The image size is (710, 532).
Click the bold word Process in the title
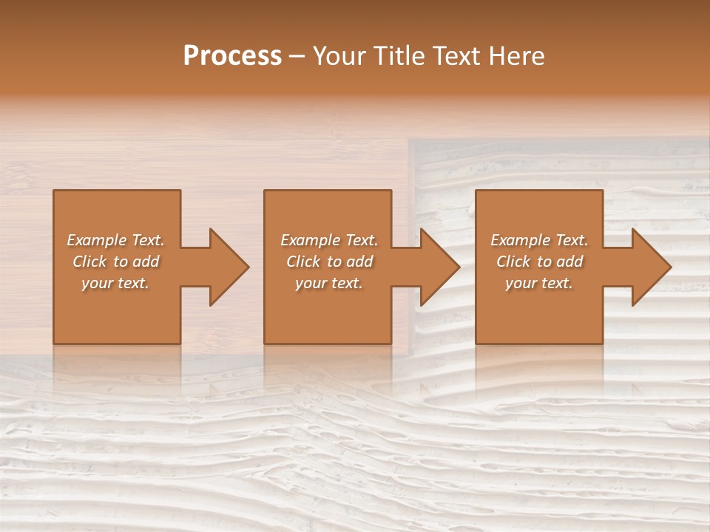click(232, 56)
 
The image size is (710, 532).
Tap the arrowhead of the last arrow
click(650, 267)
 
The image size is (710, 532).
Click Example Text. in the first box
click(115, 240)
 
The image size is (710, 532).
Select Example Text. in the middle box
click(329, 240)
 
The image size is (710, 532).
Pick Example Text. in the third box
click(539, 240)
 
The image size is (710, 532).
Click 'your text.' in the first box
click(115, 283)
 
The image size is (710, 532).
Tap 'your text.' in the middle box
click(329, 283)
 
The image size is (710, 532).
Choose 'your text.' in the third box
click(539, 283)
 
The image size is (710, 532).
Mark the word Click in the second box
click(303, 262)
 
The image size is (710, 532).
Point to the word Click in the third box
click(513, 262)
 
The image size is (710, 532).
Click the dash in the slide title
click(297, 57)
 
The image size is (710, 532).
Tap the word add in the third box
click(570, 262)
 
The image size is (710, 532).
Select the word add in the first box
click(146, 262)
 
